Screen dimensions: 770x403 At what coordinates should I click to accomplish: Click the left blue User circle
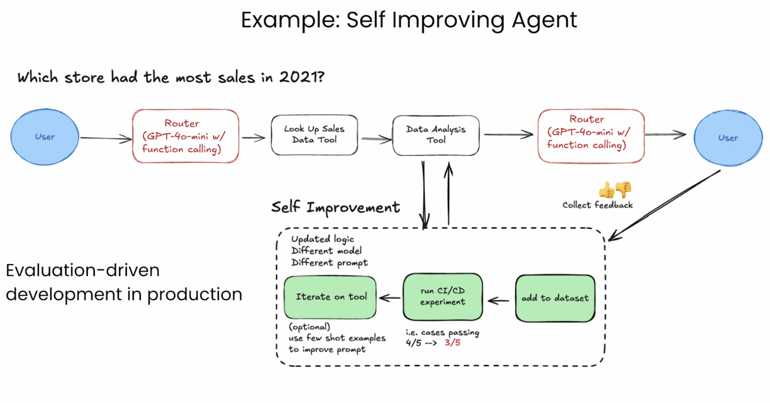coord(45,137)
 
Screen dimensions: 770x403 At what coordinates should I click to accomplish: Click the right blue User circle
coord(728,138)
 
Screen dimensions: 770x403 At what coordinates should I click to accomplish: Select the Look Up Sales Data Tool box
coord(314,135)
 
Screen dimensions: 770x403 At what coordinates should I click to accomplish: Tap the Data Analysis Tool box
coord(436,135)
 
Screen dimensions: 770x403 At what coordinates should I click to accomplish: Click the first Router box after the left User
coord(186,136)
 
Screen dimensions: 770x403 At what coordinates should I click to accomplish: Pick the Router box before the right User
coord(591,136)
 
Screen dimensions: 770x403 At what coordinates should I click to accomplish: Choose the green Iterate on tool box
coord(330,298)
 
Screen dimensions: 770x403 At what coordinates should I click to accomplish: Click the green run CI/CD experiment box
coord(443,297)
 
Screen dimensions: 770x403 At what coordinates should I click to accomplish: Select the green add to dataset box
coord(555,298)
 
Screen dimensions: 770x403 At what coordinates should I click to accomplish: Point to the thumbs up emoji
coord(606,190)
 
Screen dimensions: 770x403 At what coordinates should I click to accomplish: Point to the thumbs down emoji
coord(624,189)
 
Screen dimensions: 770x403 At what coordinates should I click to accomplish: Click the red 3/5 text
coord(453,342)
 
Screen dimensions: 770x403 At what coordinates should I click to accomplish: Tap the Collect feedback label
coord(598,205)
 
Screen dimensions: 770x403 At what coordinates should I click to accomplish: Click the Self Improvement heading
coord(335,207)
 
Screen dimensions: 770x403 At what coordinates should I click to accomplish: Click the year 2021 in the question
coord(302,77)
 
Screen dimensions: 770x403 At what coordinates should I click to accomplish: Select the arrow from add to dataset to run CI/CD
coord(498,300)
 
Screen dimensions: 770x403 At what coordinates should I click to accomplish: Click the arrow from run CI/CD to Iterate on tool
coord(390,298)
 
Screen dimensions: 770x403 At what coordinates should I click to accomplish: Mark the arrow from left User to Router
coord(106,138)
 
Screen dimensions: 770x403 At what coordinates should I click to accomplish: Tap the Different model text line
coord(327,251)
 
